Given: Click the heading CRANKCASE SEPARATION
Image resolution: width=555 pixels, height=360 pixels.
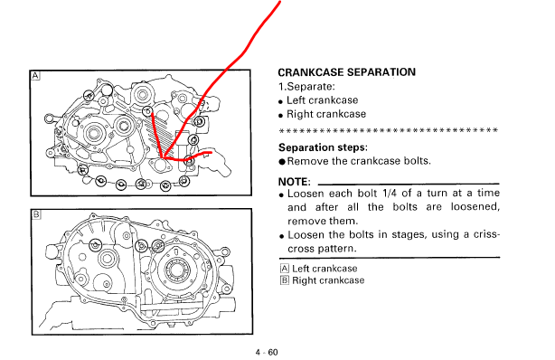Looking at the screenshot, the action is coord(346,72).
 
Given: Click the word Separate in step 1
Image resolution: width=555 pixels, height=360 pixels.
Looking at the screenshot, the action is coord(309,87).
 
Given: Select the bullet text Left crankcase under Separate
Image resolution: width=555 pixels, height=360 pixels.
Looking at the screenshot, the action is coord(322,100).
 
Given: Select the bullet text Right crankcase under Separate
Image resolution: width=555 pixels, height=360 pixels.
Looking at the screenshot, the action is coord(326,114).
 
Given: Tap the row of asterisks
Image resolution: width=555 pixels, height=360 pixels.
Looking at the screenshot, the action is coord(389,130).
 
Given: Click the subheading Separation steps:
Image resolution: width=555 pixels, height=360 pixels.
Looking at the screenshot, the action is coord(323,147).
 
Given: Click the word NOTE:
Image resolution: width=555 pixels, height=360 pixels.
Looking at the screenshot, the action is coord(294,182).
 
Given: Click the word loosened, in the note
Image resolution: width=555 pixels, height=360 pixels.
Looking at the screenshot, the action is coord(475,207).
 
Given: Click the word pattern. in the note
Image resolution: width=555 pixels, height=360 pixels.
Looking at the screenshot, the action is coord(339,249).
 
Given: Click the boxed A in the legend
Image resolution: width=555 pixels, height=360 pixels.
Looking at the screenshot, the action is coord(284,269).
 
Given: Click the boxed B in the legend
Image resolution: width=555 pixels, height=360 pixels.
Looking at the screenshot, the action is coord(284,280).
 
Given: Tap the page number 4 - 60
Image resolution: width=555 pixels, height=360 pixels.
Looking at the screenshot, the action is coord(267,352).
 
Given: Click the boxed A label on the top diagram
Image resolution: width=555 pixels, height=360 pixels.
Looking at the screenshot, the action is coord(35,75).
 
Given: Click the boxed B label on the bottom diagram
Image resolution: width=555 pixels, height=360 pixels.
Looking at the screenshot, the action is coord(36,214).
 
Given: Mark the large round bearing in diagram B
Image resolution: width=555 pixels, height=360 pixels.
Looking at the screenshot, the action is coord(176,270).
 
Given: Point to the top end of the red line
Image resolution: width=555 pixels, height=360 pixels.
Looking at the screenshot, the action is coord(280,1).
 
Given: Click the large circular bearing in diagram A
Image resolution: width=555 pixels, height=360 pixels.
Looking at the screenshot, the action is coord(93,133).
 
